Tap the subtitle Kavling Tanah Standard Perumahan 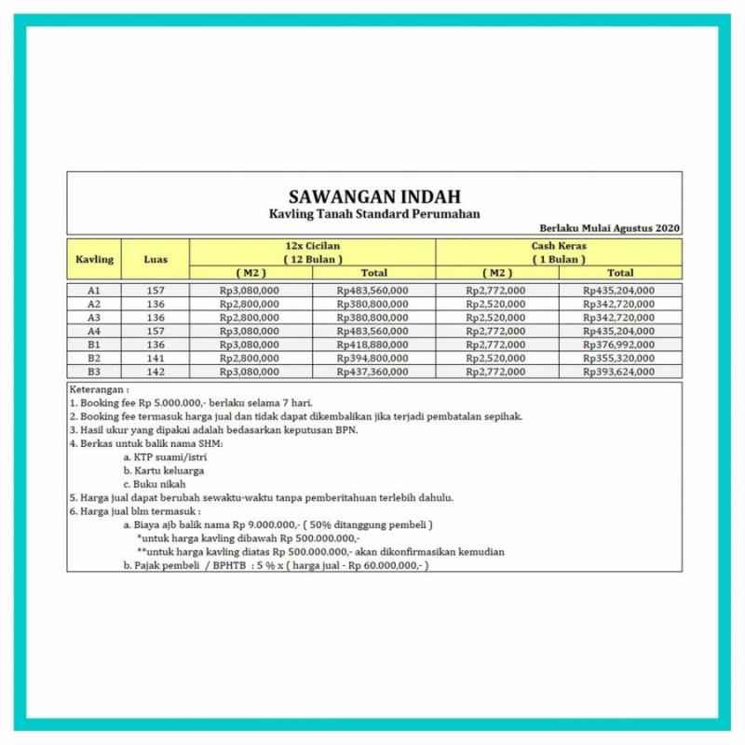373,214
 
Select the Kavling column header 94,259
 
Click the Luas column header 156,259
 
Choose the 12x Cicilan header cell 313,251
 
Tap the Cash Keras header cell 558,251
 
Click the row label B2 94,358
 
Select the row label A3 94,317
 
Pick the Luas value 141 156,358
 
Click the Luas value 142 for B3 156,371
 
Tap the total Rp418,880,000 374,344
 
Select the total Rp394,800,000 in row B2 374,358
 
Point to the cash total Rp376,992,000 619,344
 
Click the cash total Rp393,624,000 619,371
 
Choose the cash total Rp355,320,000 619,358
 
